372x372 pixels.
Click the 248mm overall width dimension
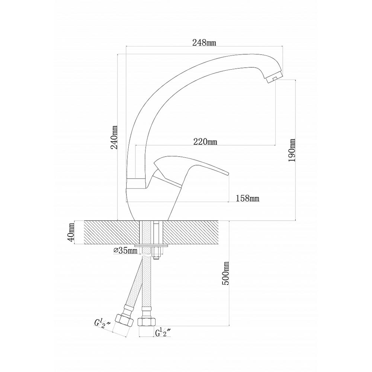point(204,43)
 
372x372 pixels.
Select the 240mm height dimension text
point(115,137)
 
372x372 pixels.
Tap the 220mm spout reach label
point(205,142)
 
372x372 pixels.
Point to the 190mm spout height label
point(292,150)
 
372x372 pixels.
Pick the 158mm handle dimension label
point(247,198)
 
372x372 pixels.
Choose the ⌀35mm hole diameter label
point(125,250)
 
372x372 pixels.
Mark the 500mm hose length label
point(226,273)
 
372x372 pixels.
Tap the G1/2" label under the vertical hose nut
point(163,332)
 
